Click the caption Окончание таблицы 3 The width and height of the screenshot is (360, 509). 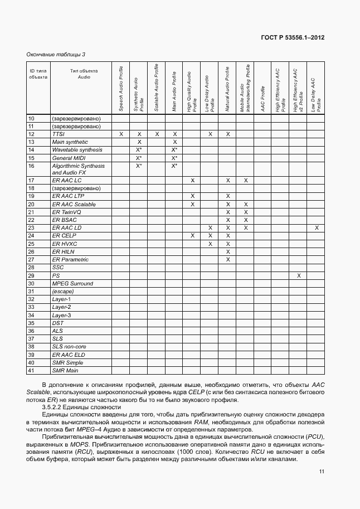click(56, 54)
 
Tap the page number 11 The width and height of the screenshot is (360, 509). click(322, 472)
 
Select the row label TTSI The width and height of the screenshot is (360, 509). click(59, 134)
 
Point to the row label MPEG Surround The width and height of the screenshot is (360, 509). click(72, 283)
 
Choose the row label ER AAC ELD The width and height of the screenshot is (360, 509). click(67, 355)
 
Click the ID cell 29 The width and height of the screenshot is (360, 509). click(31, 275)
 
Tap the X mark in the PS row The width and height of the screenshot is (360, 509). click(299, 275)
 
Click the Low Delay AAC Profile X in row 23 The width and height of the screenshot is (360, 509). click(316, 228)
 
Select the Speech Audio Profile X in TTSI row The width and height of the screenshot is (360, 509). click(121, 134)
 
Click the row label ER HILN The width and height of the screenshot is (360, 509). click(63, 251)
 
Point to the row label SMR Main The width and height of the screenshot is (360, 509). click(65, 370)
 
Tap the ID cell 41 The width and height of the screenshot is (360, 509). click(31, 370)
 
